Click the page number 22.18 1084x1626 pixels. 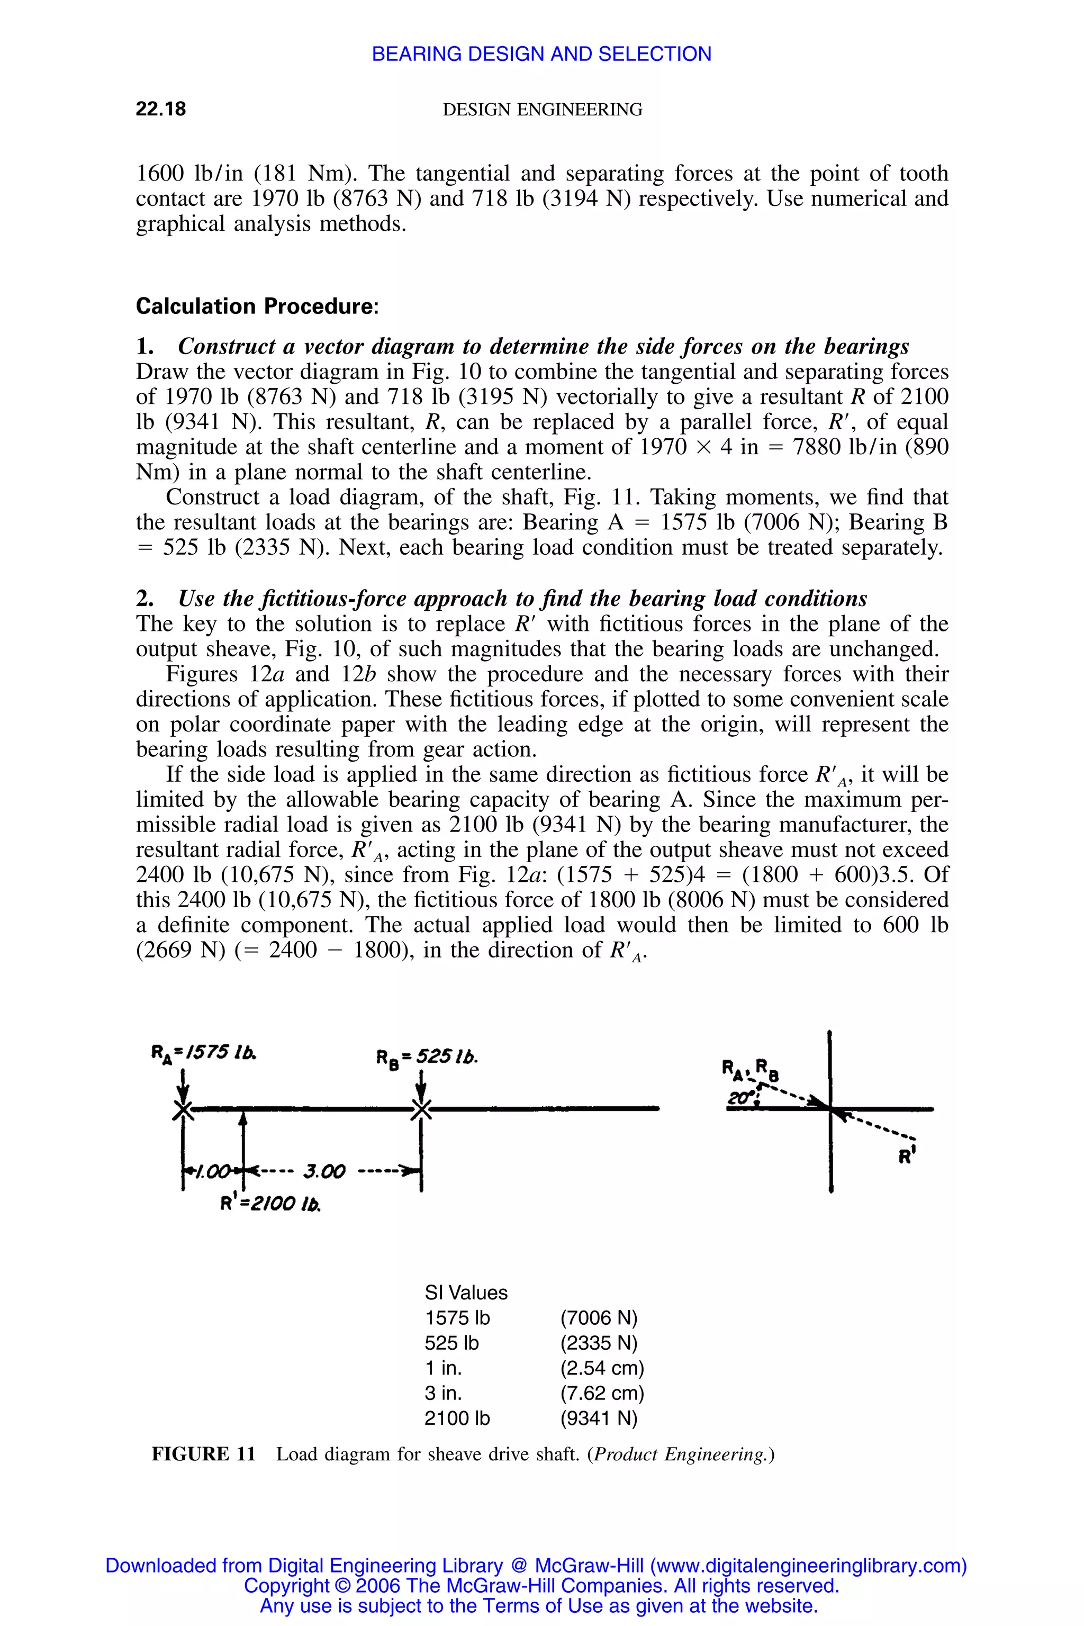(x=160, y=109)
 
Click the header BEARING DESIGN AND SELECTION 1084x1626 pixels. (x=541, y=54)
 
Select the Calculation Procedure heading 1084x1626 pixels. (x=257, y=306)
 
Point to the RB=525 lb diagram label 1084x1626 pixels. (x=427, y=1057)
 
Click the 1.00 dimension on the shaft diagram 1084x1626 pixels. (x=212, y=1171)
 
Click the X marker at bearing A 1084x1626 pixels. (x=183, y=1110)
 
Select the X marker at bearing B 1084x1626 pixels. (x=421, y=1110)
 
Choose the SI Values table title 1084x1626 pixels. (x=465, y=1293)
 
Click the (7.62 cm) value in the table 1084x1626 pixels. (x=601, y=1393)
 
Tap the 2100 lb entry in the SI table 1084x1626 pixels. (x=456, y=1419)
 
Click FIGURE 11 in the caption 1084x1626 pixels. (x=203, y=1455)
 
